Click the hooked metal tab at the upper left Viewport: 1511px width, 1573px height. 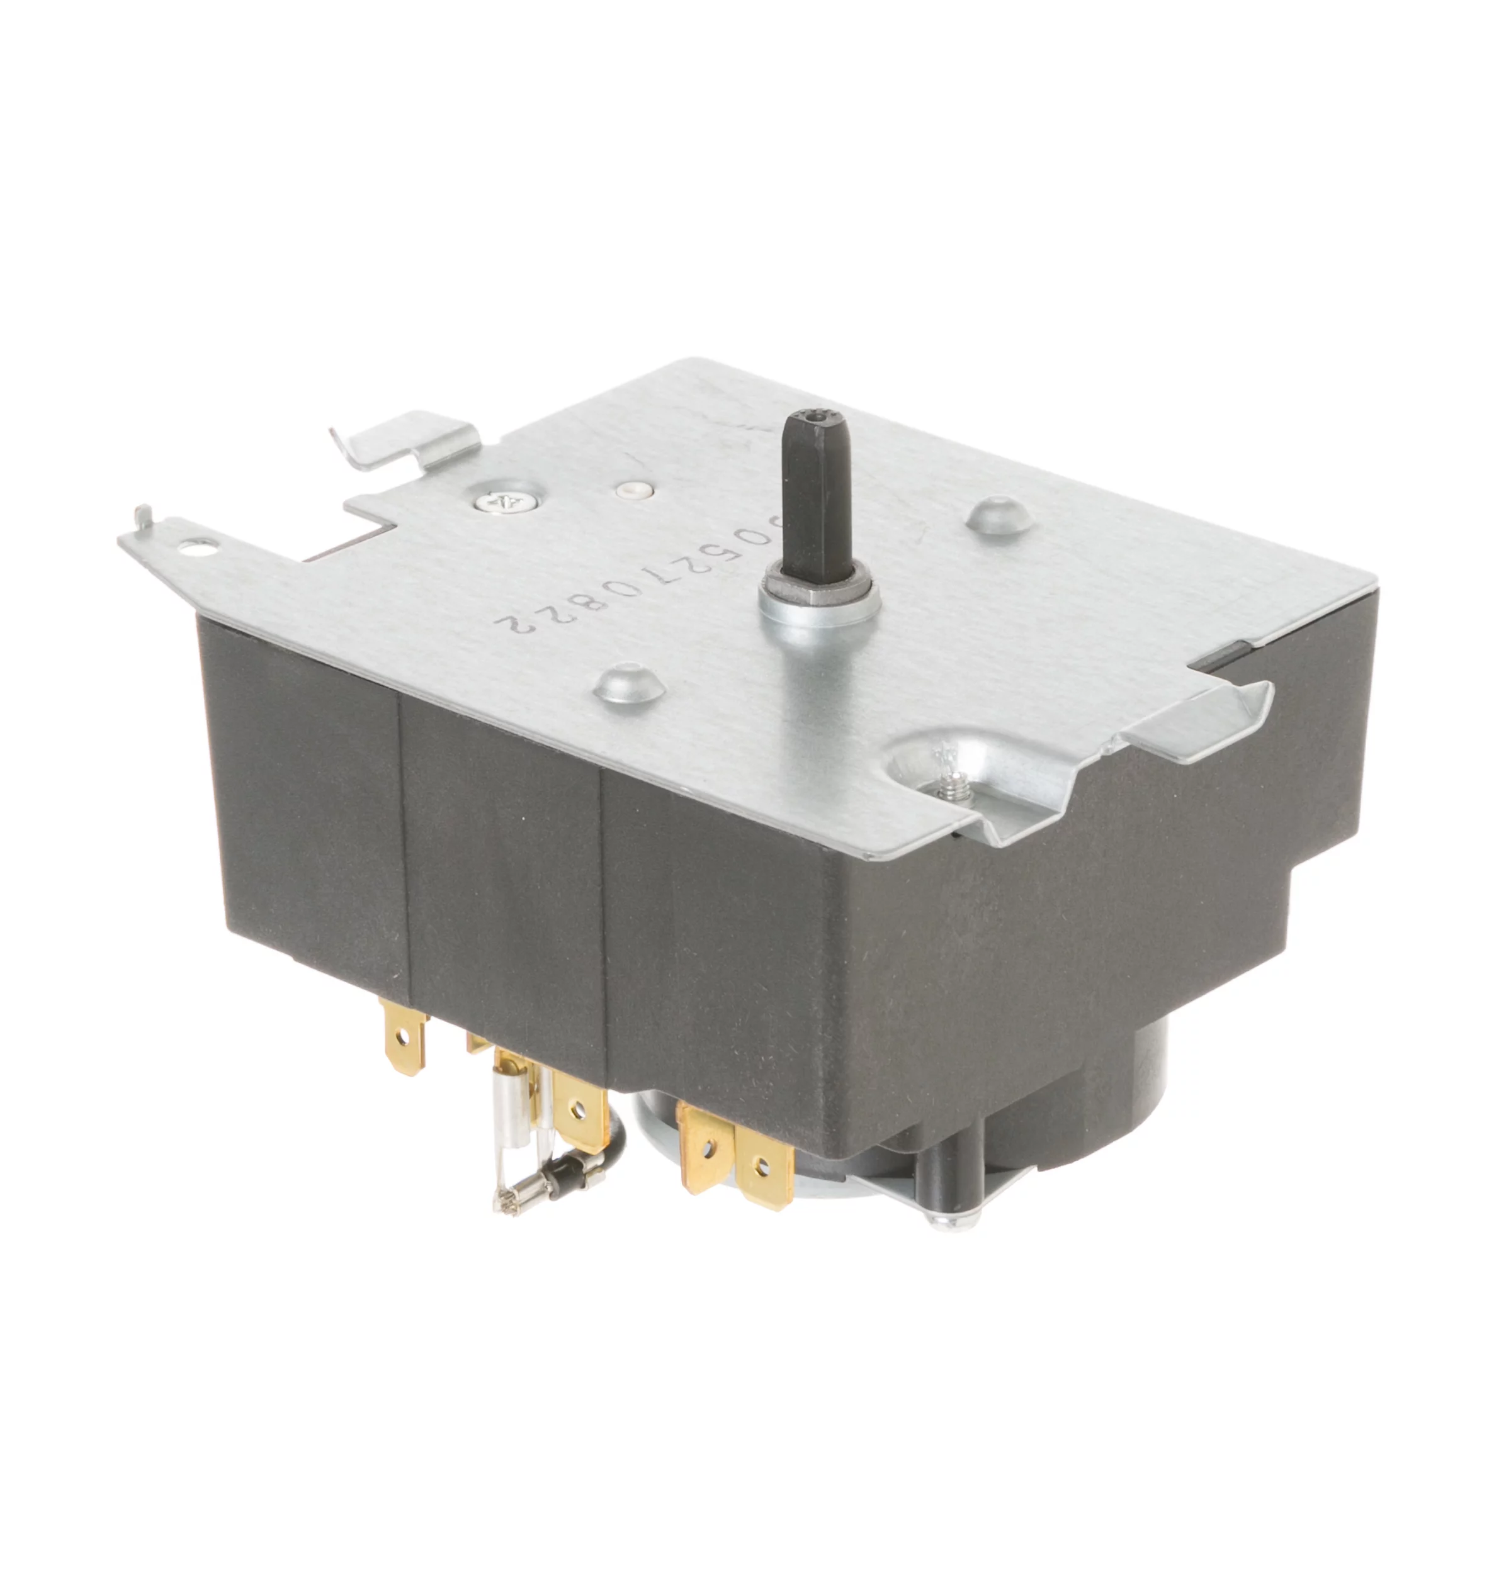pos(402,437)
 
